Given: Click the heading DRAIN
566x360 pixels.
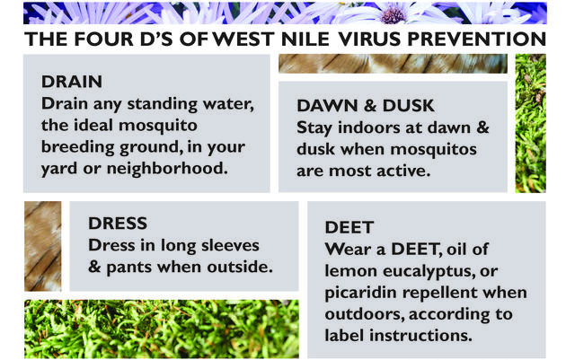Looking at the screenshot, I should click(71, 82).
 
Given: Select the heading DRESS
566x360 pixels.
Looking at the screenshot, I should click(118, 224).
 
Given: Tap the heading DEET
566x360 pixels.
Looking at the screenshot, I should click(347, 230).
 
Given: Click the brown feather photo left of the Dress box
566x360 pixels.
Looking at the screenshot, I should click(41, 245).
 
